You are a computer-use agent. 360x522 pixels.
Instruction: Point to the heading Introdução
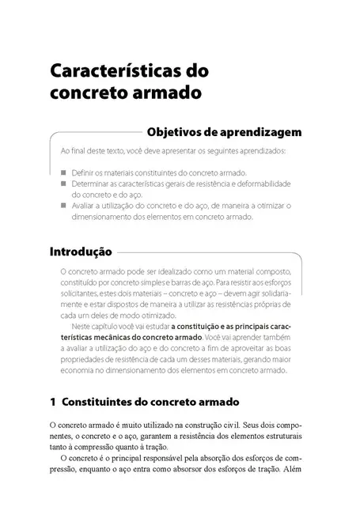point(80,253)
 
